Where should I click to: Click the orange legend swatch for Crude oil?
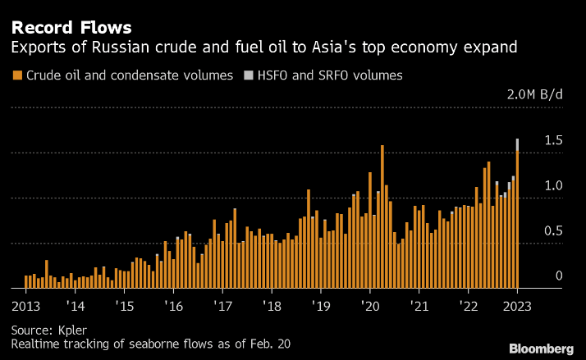pos(17,75)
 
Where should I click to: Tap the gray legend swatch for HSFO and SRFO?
pos(249,75)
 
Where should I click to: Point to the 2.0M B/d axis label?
pos(534,94)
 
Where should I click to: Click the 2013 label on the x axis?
pos(26,306)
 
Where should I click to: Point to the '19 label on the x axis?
pos(321,306)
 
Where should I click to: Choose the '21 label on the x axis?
pos(419,306)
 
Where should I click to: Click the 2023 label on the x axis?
pos(517,306)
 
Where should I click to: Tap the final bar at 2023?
pos(517,221)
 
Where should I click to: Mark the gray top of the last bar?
pos(517,144)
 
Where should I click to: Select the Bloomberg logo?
pos(541,349)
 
